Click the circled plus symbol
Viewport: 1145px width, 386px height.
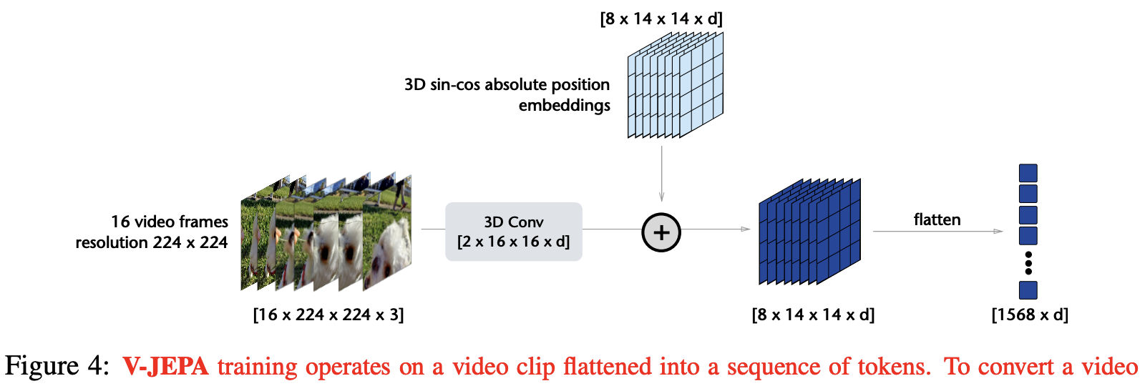click(661, 232)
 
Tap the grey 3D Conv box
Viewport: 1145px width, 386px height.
click(513, 232)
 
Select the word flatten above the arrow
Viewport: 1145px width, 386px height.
click(937, 219)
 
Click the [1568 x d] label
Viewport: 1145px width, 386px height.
click(1029, 315)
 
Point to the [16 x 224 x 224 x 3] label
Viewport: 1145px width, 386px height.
click(328, 315)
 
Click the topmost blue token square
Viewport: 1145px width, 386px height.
click(1028, 173)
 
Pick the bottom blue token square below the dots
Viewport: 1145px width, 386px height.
click(1028, 290)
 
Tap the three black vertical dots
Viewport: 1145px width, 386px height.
click(1028, 263)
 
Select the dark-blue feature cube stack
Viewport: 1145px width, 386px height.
click(809, 232)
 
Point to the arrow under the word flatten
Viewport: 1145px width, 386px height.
click(937, 232)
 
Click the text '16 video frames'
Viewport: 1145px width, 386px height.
click(170, 222)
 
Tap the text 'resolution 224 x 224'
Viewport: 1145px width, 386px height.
click(152, 242)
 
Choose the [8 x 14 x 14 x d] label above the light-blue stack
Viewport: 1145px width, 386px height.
click(661, 19)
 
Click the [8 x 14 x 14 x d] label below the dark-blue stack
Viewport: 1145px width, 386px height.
click(813, 315)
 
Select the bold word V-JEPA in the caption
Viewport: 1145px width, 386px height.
click(165, 366)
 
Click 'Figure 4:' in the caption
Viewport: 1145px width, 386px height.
click(57, 366)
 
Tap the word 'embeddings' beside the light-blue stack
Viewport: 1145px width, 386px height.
click(564, 105)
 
